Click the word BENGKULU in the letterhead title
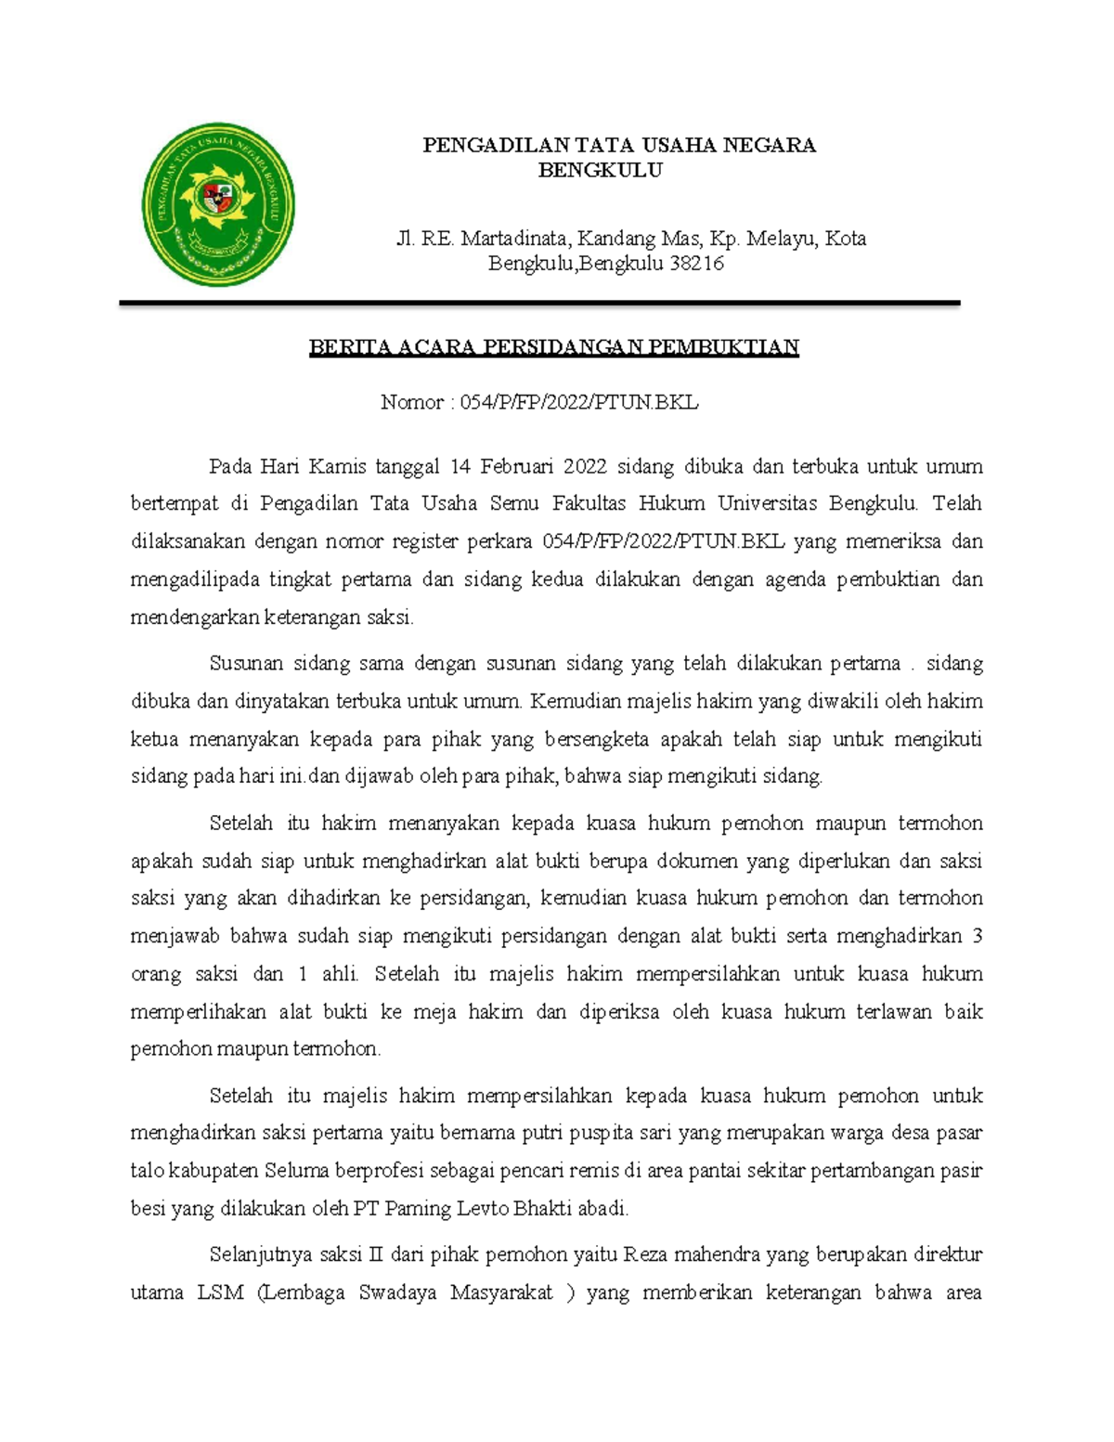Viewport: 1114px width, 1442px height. tap(600, 171)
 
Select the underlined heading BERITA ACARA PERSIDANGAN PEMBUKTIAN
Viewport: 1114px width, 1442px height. tap(553, 347)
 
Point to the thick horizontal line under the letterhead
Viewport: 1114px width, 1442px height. tap(538, 304)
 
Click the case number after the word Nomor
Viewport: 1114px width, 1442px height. tap(578, 402)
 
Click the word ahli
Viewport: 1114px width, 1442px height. tap(339, 974)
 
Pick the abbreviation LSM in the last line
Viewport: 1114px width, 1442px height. tap(221, 1293)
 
